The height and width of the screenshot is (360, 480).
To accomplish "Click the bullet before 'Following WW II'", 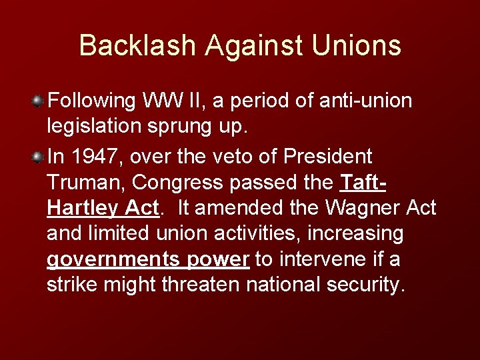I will [x=39, y=101].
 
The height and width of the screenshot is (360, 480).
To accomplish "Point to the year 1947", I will [x=90, y=157].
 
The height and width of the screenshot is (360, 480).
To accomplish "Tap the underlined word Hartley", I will [x=83, y=209].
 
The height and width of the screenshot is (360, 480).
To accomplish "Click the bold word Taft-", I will [x=364, y=183].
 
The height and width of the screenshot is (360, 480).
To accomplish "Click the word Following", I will [x=91, y=101].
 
